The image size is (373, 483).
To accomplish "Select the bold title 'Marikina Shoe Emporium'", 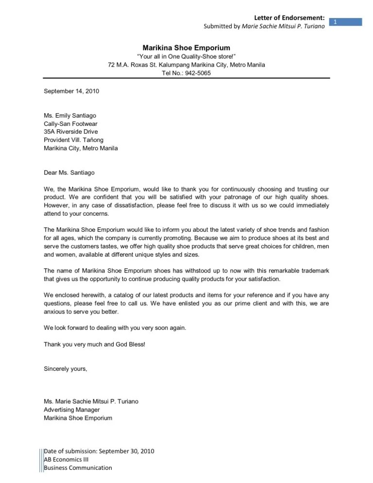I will click(x=186, y=47).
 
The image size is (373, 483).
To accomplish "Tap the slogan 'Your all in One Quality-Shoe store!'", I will click(x=186, y=56).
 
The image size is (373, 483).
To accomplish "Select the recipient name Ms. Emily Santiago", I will click(x=70, y=115).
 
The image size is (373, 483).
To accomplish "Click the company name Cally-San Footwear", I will click(x=71, y=123).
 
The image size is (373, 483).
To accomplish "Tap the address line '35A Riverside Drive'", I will click(x=71, y=132).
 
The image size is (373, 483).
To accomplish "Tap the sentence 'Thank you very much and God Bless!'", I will click(x=94, y=344).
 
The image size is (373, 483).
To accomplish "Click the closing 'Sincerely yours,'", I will click(x=66, y=369).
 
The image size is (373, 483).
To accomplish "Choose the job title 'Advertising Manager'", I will click(x=72, y=410).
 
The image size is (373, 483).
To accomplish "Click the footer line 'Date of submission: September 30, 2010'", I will click(x=99, y=451).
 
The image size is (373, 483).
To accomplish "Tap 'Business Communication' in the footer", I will click(x=78, y=467).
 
